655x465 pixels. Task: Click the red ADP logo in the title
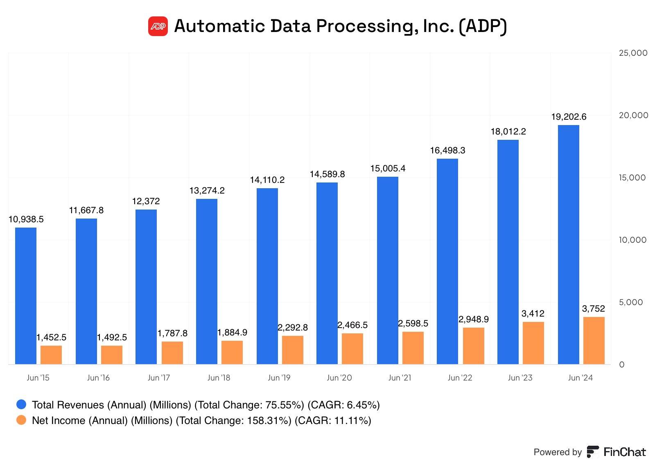point(158,26)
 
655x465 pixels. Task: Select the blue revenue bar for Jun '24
point(568,244)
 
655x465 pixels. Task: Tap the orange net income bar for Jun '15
point(51,355)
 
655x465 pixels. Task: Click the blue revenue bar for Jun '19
point(267,276)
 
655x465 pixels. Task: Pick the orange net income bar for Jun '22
point(473,346)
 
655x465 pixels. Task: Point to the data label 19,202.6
point(569,117)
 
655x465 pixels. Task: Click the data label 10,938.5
point(26,219)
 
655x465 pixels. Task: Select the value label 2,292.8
point(293,328)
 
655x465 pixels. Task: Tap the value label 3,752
point(593,309)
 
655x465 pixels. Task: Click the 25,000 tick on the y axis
point(633,53)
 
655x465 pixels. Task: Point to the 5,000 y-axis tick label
point(630,302)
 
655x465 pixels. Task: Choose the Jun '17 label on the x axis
point(159,378)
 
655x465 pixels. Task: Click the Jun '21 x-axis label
point(400,378)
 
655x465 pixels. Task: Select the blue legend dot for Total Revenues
point(21,405)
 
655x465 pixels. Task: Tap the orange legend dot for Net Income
point(21,420)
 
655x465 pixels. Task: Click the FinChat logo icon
point(592,452)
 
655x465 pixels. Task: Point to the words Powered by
point(557,452)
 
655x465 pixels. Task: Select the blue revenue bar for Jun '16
point(86,291)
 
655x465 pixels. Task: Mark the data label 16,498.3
point(447,150)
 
